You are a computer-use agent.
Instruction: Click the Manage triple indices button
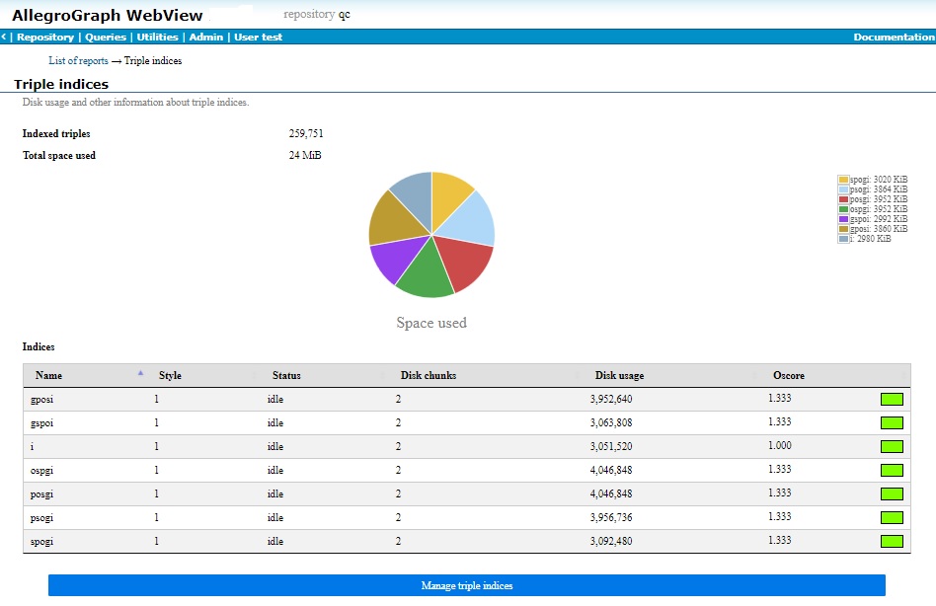click(467, 585)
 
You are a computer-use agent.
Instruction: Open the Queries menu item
click(106, 38)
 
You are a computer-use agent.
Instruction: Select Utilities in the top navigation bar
click(158, 38)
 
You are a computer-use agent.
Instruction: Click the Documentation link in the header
click(894, 38)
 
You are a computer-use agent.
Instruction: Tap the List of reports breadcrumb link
click(78, 61)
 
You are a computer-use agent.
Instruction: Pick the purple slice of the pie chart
click(395, 260)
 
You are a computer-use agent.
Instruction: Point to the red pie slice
click(464, 262)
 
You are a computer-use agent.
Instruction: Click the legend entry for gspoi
click(873, 219)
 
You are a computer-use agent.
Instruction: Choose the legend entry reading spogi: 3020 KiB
click(873, 180)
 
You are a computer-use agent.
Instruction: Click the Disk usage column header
click(619, 376)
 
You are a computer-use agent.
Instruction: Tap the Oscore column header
click(788, 376)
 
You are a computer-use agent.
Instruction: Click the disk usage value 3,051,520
click(612, 446)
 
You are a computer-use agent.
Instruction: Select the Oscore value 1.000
click(779, 446)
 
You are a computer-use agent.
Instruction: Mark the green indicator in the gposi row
click(892, 399)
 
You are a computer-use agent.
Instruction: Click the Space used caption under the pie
click(431, 323)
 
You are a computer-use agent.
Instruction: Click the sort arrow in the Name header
click(140, 373)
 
